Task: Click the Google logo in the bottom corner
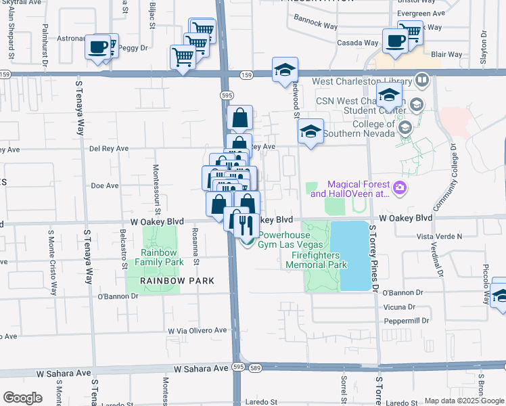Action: click(22, 397)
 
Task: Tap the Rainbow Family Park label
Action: click(159, 256)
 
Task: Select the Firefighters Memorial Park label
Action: click(319, 261)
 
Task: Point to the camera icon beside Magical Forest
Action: click(400, 187)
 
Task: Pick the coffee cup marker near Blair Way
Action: click(395, 41)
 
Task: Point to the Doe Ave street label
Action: click(104, 185)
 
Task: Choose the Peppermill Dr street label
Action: click(406, 320)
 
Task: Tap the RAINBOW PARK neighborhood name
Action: click(177, 281)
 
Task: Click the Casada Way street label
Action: click(357, 43)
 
